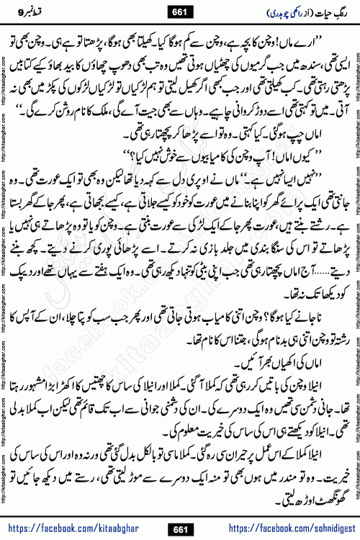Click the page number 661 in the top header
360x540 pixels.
click(179, 10)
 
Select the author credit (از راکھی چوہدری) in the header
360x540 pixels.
click(274, 11)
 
